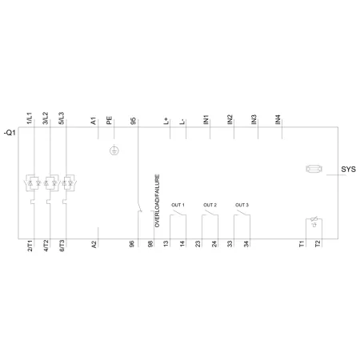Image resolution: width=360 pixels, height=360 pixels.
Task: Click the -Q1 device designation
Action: click(10, 133)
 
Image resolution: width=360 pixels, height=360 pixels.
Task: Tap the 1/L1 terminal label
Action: click(30, 118)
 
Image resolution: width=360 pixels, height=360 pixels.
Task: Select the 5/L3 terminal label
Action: click(62, 118)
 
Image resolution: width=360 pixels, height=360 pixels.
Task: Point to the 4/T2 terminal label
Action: click(46, 246)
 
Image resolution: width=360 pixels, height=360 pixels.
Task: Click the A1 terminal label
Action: click(94, 121)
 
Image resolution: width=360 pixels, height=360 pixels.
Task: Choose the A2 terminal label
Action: click(94, 244)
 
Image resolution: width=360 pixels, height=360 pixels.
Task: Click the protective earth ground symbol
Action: click(114, 151)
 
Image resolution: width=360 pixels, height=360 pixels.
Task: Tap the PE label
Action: click(110, 120)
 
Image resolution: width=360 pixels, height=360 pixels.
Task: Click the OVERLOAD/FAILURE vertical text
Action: click(158, 201)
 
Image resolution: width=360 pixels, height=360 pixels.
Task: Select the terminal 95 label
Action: click(134, 121)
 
